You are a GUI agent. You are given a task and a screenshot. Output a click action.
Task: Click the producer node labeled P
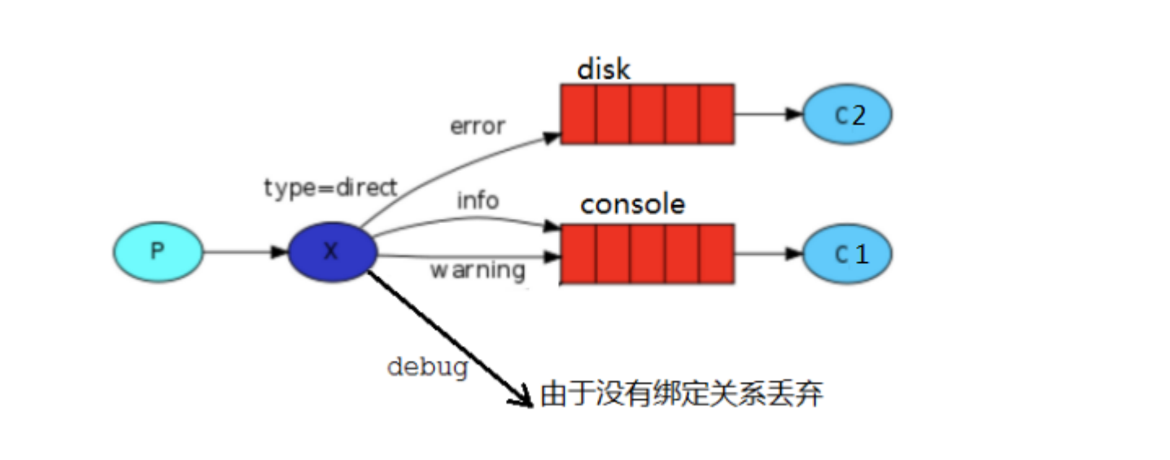(x=157, y=252)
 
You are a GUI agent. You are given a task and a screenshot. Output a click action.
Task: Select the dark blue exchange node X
(x=332, y=252)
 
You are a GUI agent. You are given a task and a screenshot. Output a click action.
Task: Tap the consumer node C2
(x=847, y=115)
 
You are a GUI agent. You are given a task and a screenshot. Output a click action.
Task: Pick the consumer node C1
(x=847, y=253)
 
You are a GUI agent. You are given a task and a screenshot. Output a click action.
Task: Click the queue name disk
(x=604, y=69)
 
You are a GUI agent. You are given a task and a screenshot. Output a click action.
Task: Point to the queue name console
(x=632, y=204)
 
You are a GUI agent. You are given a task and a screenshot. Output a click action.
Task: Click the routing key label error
(x=478, y=126)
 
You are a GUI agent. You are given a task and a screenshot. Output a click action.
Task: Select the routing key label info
(x=478, y=199)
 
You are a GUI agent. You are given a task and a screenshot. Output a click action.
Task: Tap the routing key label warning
(x=478, y=269)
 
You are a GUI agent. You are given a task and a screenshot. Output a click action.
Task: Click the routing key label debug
(x=427, y=366)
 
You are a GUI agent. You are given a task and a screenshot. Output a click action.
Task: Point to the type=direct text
(x=330, y=188)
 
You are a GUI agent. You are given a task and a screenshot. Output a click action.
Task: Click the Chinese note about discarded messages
(x=681, y=395)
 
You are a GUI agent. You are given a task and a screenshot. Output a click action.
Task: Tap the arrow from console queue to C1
(x=769, y=253)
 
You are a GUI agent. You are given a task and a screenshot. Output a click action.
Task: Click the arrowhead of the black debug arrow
(x=521, y=399)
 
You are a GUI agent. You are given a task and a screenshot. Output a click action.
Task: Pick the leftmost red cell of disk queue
(x=578, y=114)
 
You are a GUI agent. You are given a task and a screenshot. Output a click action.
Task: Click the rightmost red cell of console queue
(x=717, y=254)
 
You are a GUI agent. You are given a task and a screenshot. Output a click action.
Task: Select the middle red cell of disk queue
(x=648, y=114)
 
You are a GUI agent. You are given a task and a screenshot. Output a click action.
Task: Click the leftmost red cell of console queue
(x=578, y=254)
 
